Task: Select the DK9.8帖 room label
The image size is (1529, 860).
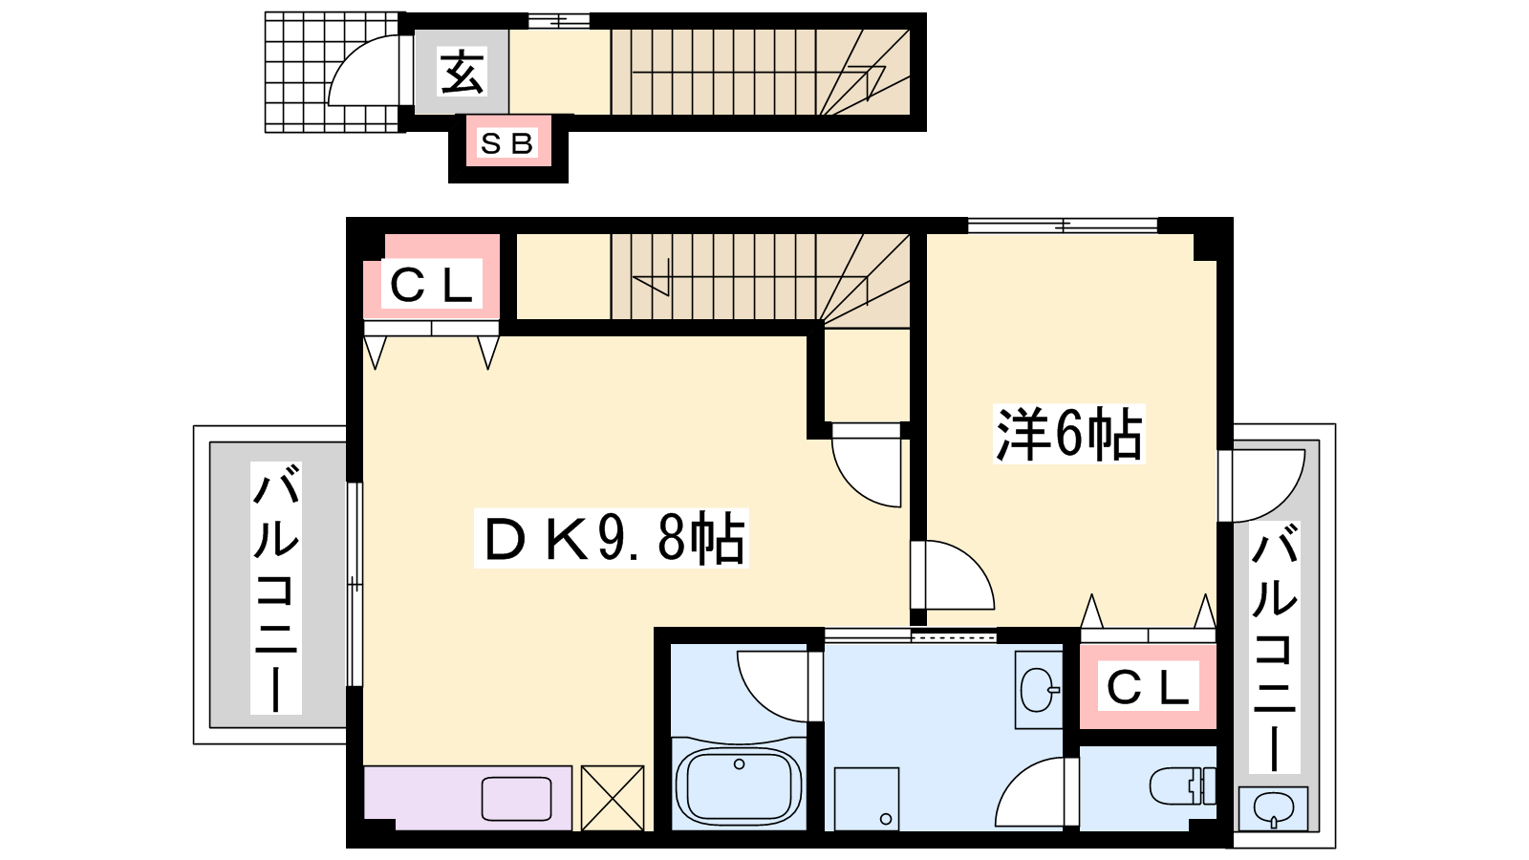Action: tap(613, 538)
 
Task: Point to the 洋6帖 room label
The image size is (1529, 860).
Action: tap(1069, 435)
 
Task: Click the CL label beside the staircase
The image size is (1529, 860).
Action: tap(431, 284)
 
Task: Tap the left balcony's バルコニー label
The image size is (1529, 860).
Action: tap(276, 588)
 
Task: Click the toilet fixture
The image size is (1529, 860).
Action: tap(1183, 785)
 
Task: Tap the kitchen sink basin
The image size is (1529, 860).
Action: tap(517, 799)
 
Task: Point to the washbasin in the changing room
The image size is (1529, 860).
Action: tap(1039, 690)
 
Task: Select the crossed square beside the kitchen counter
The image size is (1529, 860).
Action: tap(613, 798)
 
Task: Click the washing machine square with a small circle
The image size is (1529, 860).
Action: tap(867, 799)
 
